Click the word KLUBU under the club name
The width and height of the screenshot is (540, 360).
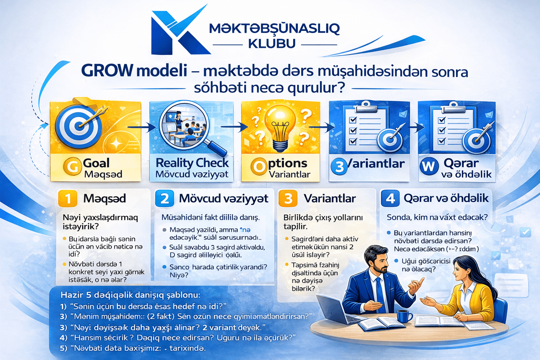(272, 44)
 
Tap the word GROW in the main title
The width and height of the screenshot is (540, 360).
(107, 71)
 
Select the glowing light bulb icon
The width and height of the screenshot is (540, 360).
(280, 128)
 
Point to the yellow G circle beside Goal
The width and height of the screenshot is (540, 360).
(72, 166)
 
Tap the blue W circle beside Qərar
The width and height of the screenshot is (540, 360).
(429, 166)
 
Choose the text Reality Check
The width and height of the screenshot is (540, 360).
(192, 163)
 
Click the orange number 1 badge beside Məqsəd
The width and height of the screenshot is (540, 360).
(67, 199)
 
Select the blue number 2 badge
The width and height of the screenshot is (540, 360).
(164, 199)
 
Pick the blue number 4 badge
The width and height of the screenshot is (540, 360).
(390, 199)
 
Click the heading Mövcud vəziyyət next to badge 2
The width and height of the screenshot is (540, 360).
(224, 199)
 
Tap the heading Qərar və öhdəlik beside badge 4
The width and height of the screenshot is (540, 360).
(446, 198)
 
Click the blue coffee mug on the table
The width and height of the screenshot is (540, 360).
(404, 315)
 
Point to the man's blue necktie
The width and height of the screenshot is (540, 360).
(380, 294)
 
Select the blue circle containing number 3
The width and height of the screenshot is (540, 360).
(339, 167)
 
